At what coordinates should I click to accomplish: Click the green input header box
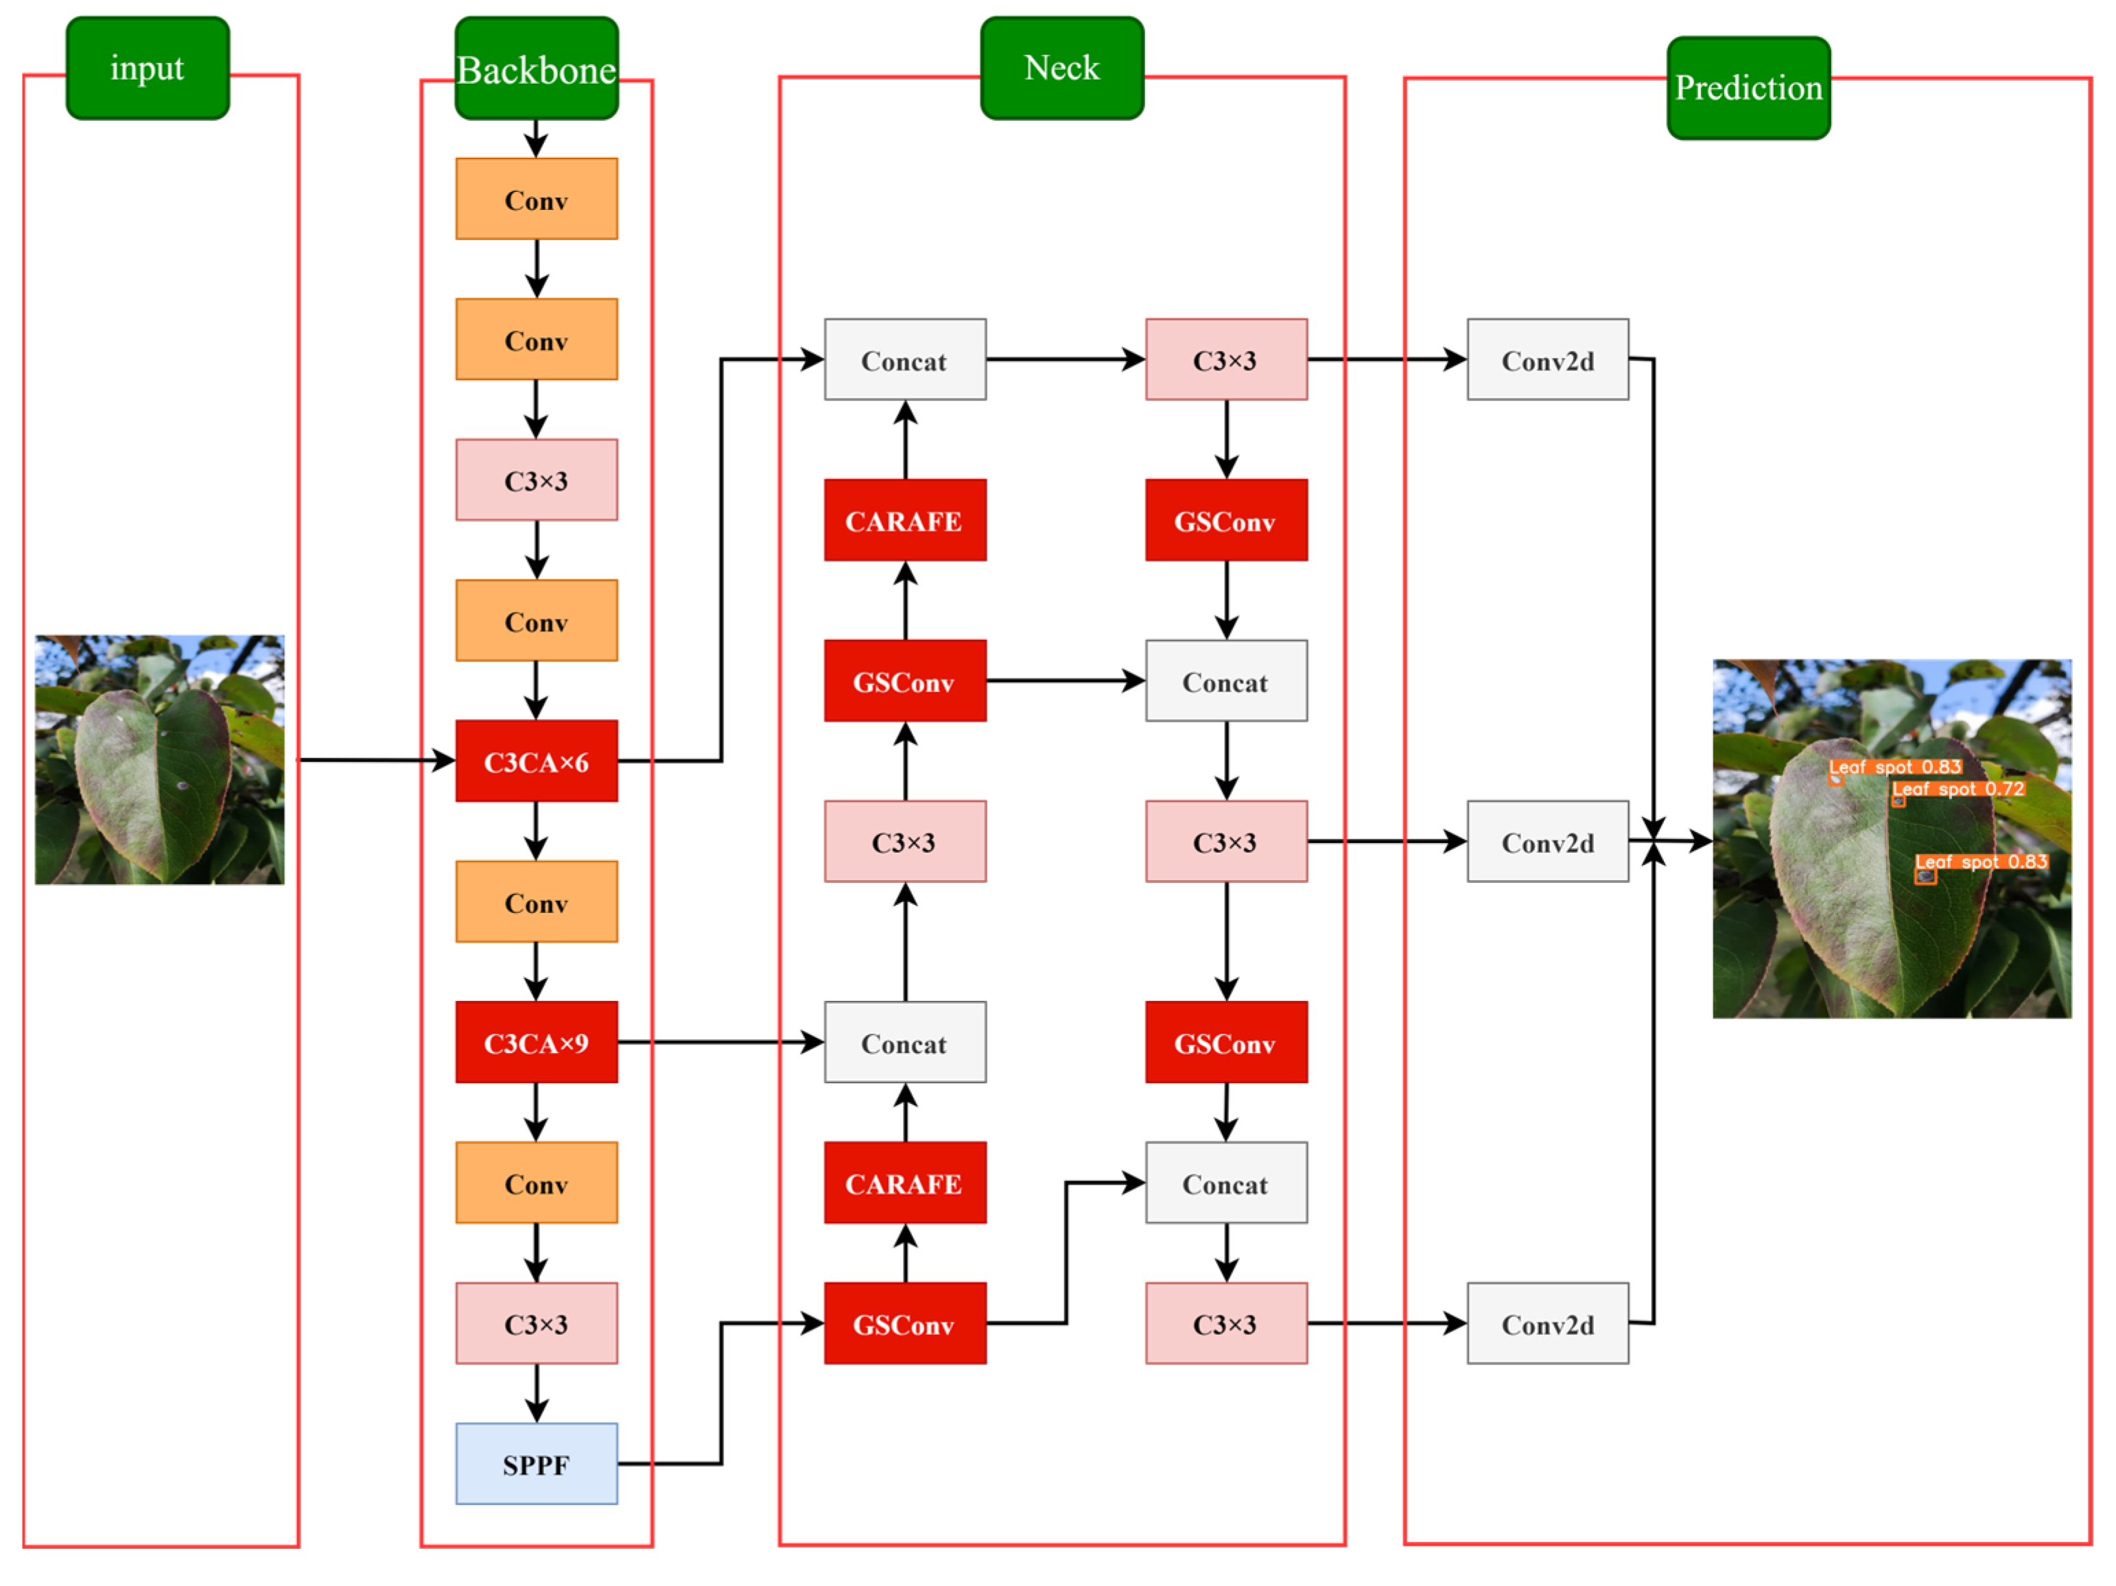pyautogui.click(x=148, y=68)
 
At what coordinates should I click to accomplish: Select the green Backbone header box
pyautogui.click(x=537, y=68)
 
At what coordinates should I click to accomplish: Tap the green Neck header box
pyautogui.click(x=1062, y=68)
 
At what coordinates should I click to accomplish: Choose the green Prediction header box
pyautogui.click(x=1749, y=88)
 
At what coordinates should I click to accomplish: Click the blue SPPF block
pyautogui.click(x=537, y=1464)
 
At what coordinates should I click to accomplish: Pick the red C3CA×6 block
pyautogui.click(x=537, y=761)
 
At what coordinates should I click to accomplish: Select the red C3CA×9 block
pyautogui.click(x=537, y=1042)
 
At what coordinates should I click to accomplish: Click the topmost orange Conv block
pyautogui.click(x=537, y=199)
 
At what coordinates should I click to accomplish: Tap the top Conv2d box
pyautogui.click(x=1548, y=359)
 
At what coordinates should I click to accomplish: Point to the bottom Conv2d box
pyautogui.click(x=1548, y=1323)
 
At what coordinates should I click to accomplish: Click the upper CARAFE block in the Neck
pyautogui.click(x=905, y=521)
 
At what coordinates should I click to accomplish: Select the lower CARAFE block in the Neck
pyautogui.click(x=905, y=1183)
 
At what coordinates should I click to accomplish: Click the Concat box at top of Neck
pyautogui.click(x=905, y=359)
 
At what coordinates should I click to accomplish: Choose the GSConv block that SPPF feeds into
pyautogui.click(x=905, y=1323)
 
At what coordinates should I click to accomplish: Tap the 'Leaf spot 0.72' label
pyautogui.click(x=1958, y=789)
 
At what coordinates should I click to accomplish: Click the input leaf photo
pyautogui.click(x=160, y=759)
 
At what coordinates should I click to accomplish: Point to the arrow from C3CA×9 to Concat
pyautogui.click(x=721, y=1042)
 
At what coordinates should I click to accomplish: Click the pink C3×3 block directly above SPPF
pyautogui.click(x=537, y=1323)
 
